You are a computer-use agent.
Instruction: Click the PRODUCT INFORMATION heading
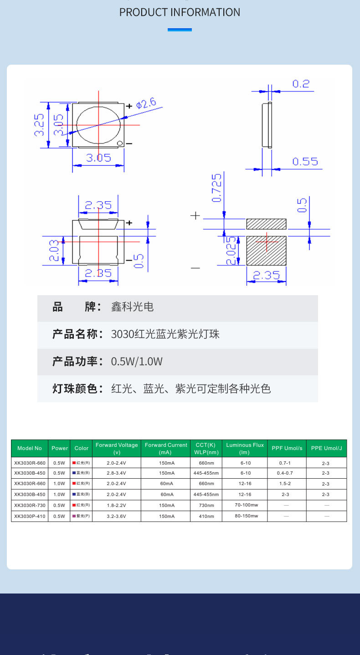pyautogui.click(x=180, y=12)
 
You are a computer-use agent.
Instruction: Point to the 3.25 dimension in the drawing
pyautogui.click(x=40, y=125)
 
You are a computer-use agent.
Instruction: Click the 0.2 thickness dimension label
pyautogui.click(x=301, y=84)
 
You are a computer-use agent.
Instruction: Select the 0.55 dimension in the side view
pyautogui.click(x=305, y=162)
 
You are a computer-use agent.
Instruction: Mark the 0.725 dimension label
pyautogui.click(x=217, y=187)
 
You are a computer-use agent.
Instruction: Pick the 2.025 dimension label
pyautogui.click(x=231, y=251)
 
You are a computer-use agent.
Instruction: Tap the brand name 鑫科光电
pyautogui.click(x=132, y=307)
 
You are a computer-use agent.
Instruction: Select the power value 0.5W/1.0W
pyautogui.click(x=137, y=362)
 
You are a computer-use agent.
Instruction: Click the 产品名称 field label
pyautogui.click(x=75, y=334)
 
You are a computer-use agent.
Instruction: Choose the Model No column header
pyautogui.click(x=30, y=448)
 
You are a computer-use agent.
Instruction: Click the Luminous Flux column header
pyautogui.click(x=245, y=448)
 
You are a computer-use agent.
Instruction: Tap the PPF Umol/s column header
pyautogui.click(x=287, y=448)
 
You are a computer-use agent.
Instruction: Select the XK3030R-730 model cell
pyautogui.click(x=30, y=505)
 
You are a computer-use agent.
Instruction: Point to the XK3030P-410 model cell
pyautogui.click(x=30, y=516)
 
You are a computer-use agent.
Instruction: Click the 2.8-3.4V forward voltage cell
pyautogui.click(x=116, y=473)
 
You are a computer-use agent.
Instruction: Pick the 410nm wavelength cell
pyautogui.click(x=206, y=516)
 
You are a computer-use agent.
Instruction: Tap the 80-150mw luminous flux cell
pyautogui.click(x=246, y=516)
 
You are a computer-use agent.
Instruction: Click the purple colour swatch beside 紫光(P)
pyautogui.click(x=74, y=516)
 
